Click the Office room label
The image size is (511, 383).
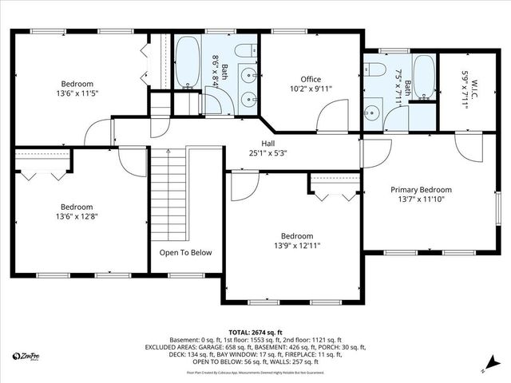(311, 79)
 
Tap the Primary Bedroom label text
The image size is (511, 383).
(421, 190)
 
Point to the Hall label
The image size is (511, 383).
(256, 143)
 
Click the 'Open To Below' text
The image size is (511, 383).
(185, 253)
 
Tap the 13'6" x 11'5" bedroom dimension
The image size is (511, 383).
(77, 93)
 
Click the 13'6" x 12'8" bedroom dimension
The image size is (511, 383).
(77, 215)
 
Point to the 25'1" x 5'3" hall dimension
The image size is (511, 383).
(257, 152)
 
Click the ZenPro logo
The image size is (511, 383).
(27, 356)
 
